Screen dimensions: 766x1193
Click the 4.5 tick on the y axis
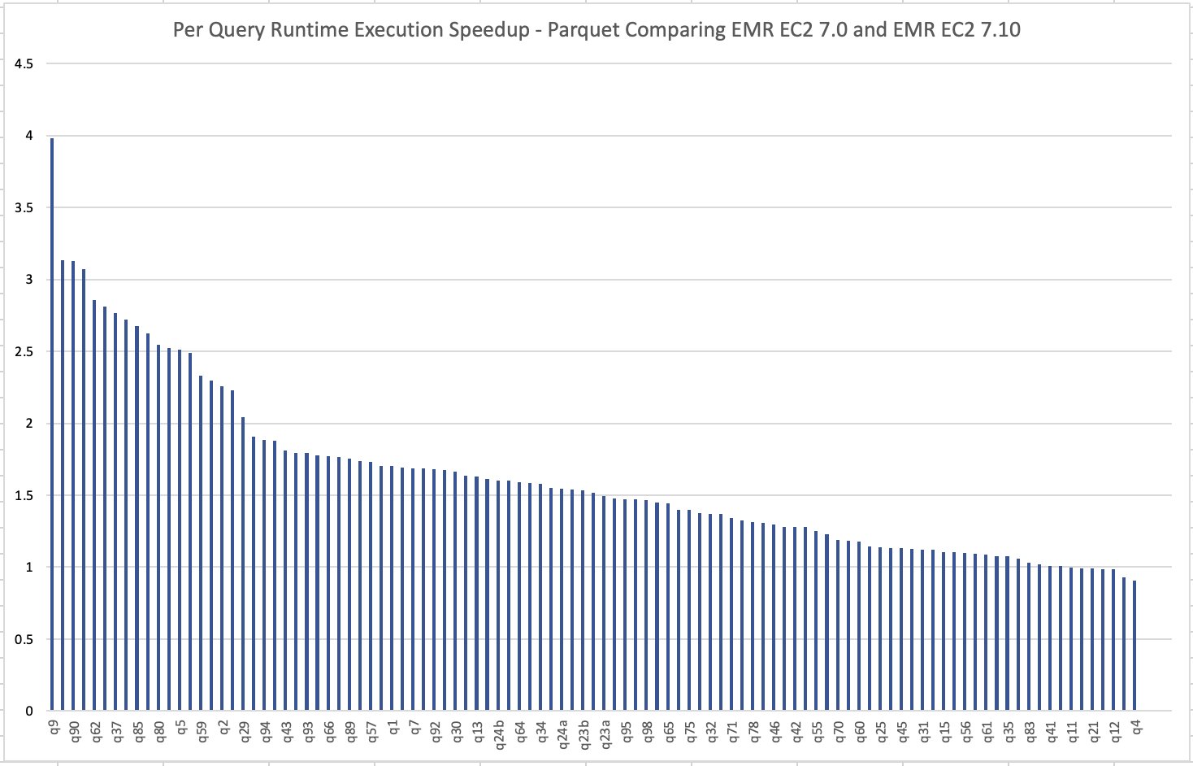tap(24, 64)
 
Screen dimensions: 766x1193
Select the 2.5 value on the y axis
tap(24, 352)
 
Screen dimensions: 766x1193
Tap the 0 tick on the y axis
tap(29, 712)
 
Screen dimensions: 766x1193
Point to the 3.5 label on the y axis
tap(24, 208)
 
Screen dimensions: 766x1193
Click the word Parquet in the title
tap(579, 31)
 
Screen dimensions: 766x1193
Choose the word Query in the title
tap(232, 31)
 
